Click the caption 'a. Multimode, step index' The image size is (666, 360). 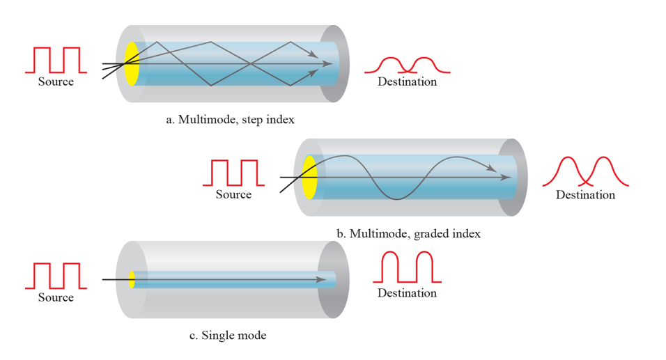point(230,120)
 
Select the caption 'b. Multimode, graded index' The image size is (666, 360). point(408,234)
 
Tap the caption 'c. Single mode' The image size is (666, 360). point(228,336)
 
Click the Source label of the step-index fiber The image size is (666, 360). point(56,81)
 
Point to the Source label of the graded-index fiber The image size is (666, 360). point(233,194)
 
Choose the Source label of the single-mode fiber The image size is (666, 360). point(56,297)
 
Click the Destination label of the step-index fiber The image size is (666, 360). point(407,81)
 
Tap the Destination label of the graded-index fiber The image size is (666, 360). point(585,195)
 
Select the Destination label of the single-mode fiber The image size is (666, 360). point(407,293)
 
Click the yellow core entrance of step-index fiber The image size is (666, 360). point(131,63)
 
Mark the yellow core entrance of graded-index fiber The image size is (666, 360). point(310,177)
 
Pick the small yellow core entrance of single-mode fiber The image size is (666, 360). point(132,280)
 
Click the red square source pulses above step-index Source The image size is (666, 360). point(56,60)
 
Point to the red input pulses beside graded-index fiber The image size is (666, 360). point(233,173)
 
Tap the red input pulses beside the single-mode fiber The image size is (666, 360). point(56,276)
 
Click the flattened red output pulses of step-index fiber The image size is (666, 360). point(408,64)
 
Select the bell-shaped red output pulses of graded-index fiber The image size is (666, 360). point(585,172)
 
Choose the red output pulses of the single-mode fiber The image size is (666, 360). point(408,267)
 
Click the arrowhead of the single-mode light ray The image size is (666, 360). point(321,280)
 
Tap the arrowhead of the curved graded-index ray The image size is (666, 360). point(492,169)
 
